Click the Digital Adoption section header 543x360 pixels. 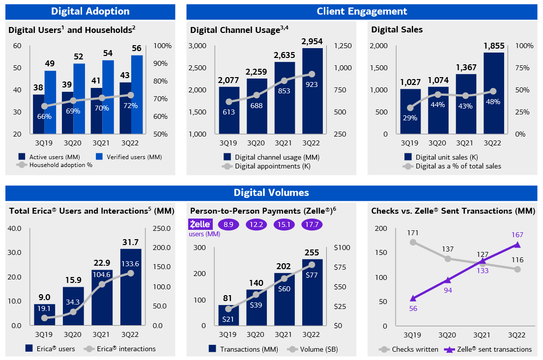click(x=90, y=11)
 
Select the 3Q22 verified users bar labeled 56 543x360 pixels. click(x=137, y=93)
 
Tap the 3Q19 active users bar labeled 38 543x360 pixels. click(x=38, y=114)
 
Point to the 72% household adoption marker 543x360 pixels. click(x=130, y=95)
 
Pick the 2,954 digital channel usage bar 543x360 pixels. click(x=312, y=91)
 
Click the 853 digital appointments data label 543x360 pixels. click(x=284, y=91)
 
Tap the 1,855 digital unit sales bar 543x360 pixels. click(x=493, y=93)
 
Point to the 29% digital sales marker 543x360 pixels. click(x=410, y=108)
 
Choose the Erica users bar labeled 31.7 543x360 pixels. click(x=130, y=287)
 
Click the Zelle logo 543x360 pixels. click(x=200, y=224)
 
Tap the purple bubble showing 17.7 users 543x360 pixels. click(x=312, y=224)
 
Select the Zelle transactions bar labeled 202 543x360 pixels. click(x=284, y=300)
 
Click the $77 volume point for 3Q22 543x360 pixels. click(x=312, y=265)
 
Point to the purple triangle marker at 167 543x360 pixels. click(x=517, y=245)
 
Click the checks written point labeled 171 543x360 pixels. click(x=413, y=242)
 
